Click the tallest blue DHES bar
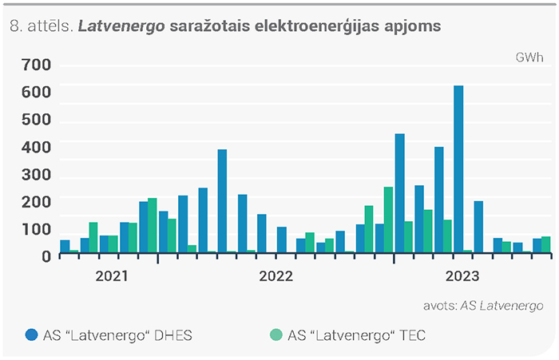click(458, 169)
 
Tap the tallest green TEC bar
click(388, 220)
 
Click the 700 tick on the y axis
click(37, 65)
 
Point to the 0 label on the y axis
click(46, 256)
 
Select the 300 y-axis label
click(37, 175)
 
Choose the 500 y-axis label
click(37, 120)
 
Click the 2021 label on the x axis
click(112, 276)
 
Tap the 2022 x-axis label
click(276, 276)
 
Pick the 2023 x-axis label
click(462, 276)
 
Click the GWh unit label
click(529, 57)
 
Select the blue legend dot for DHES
click(32, 334)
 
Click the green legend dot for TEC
click(276, 334)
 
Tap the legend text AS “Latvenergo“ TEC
click(357, 335)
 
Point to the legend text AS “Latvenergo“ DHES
click(117, 335)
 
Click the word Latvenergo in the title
click(121, 26)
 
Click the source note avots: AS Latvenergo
click(483, 306)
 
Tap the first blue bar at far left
click(65, 247)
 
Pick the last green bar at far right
click(545, 245)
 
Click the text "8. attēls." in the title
click(42, 26)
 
